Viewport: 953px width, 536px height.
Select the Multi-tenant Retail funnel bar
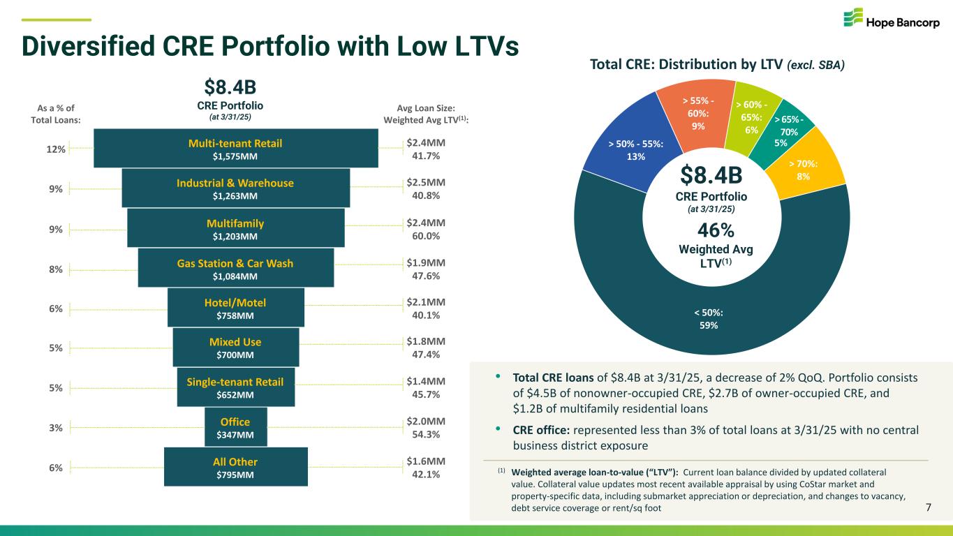(236, 149)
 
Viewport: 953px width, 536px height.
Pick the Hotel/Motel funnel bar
(236, 308)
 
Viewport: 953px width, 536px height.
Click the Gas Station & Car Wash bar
(236, 269)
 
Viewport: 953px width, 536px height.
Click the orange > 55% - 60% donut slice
(698, 111)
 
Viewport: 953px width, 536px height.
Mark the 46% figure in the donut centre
(711, 230)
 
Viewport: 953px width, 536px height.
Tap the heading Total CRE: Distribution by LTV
(718, 66)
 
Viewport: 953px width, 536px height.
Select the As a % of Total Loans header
(57, 114)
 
